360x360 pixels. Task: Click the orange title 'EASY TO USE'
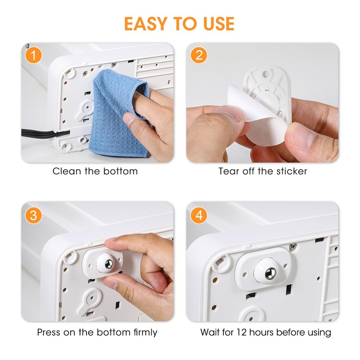(179, 23)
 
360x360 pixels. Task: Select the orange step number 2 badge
(199, 57)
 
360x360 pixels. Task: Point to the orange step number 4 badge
(199, 216)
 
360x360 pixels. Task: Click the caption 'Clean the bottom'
(95, 171)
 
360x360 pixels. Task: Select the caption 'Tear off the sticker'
(263, 171)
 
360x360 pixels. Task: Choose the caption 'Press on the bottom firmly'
(97, 333)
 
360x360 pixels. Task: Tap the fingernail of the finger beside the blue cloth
(130, 119)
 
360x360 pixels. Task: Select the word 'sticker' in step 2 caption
(292, 171)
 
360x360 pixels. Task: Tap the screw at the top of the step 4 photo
(293, 246)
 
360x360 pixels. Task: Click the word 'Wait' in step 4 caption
(210, 333)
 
